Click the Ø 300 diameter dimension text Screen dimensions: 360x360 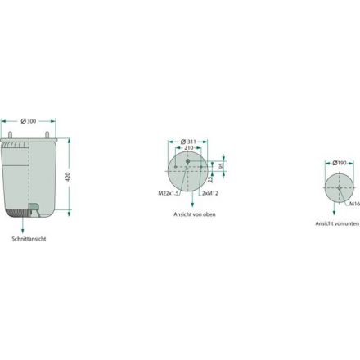click(29, 121)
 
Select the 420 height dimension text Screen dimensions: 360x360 click(68, 177)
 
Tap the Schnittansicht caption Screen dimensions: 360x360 click(29, 239)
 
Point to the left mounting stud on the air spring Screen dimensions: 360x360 click(10, 135)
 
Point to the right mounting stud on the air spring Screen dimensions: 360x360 click(47, 135)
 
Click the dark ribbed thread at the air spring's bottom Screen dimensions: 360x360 click(17, 213)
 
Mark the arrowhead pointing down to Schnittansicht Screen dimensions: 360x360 click(23, 232)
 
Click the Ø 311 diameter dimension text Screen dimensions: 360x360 click(188, 142)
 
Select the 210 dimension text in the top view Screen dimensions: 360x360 click(189, 148)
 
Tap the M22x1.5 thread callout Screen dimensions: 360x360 click(169, 193)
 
